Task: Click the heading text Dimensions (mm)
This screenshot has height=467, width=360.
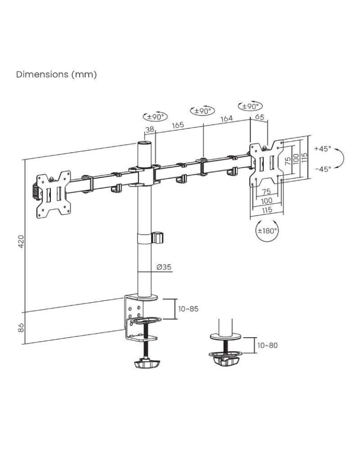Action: click(x=56, y=75)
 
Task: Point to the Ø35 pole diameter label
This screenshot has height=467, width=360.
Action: click(x=164, y=267)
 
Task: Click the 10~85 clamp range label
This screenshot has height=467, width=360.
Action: click(x=189, y=309)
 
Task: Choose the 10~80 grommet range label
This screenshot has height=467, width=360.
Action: click(x=268, y=345)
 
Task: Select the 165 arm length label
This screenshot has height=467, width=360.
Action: click(x=177, y=125)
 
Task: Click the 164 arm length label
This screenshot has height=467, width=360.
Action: click(x=226, y=119)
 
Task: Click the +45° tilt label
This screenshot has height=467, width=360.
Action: click(x=322, y=149)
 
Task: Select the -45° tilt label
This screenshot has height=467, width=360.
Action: click(x=322, y=169)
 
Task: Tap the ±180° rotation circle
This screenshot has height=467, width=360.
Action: click(x=268, y=230)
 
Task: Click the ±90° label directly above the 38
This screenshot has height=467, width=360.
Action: click(x=155, y=117)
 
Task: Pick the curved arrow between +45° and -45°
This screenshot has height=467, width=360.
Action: click(x=341, y=159)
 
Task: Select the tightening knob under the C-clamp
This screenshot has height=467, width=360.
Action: click(x=146, y=363)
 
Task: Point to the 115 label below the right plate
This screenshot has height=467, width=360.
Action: click(x=267, y=211)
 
